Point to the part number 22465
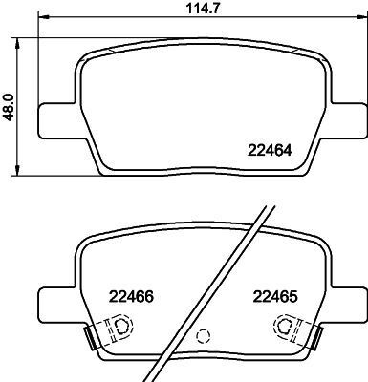(x=274, y=295)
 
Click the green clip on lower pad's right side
(x=312, y=337)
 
